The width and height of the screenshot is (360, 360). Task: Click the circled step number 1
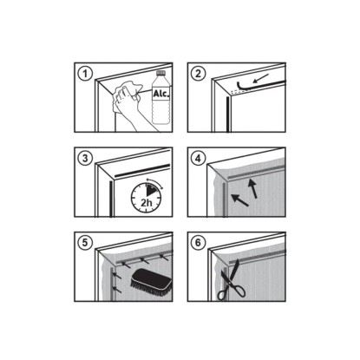85,74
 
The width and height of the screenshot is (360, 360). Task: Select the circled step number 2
199,74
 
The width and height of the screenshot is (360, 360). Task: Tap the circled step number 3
85,159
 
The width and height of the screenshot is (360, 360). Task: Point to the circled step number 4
199,159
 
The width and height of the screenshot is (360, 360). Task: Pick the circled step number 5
85,242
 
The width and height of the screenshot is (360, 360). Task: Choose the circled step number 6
199,242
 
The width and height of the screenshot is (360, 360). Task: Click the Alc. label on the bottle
161,94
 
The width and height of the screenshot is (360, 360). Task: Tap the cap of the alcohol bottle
161,73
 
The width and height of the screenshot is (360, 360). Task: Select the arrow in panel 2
260,78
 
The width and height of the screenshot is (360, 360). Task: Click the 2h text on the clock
147,202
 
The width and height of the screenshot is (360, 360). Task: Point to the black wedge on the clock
150,191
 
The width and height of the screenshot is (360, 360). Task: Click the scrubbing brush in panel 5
151,281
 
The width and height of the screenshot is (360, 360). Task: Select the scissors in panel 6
231,280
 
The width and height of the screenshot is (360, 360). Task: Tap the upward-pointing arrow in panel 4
252,188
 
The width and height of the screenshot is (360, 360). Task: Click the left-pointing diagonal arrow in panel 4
239,200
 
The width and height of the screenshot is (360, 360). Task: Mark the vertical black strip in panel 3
111,199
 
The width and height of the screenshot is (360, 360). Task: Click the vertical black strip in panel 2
228,115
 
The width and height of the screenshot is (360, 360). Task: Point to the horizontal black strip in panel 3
142,170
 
